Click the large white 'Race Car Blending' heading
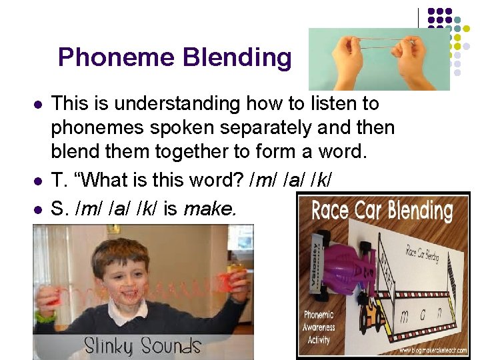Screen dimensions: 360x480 pyautogui.click(x=382, y=211)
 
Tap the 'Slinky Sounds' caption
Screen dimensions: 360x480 pyautogui.click(x=142, y=345)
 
